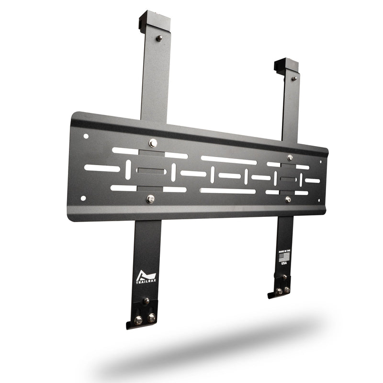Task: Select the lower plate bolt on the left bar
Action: [x=150, y=198]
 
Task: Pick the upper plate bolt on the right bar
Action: [x=289, y=157]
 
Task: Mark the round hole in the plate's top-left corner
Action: [x=86, y=136]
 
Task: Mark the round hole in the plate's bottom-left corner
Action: [x=83, y=198]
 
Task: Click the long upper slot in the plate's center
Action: [x=228, y=160]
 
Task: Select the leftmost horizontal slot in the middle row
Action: [x=102, y=168]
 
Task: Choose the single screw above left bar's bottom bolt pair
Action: [x=146, y=301]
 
